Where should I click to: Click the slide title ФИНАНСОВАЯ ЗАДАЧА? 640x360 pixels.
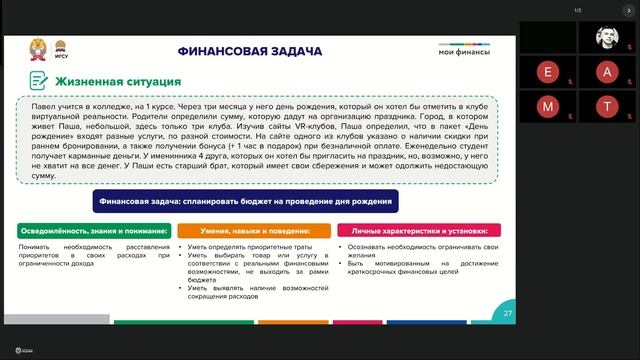pos(249,50)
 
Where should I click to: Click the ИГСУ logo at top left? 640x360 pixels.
pos(60,48)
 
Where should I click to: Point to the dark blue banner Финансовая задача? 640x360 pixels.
pos(246,201)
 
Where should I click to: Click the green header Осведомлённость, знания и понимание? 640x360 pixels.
pos(91,231)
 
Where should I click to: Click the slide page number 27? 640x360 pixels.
pos(507,314)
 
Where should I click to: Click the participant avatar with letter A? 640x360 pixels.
pos(607,71)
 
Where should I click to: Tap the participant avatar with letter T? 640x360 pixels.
pos(607,105)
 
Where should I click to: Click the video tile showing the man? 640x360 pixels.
pos(607,37)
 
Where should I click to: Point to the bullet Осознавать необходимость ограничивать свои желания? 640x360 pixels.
pos(419,251)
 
